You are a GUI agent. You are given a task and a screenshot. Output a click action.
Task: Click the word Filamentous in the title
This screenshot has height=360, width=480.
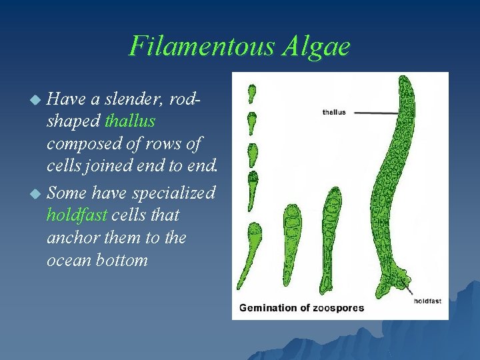(x=193, y=46)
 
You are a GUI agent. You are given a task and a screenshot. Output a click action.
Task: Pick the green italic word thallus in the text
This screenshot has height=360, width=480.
(x=130, y=121)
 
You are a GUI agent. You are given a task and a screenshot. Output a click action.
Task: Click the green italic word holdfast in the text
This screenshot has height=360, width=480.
(x=75, y=215)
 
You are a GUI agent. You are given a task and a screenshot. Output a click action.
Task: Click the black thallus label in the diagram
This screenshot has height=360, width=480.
(x=334, y=113)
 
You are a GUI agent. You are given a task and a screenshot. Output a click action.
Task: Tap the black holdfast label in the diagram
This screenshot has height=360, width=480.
(x=427, y=301)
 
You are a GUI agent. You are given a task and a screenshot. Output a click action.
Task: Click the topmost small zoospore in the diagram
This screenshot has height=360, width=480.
(x=252, y=93)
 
